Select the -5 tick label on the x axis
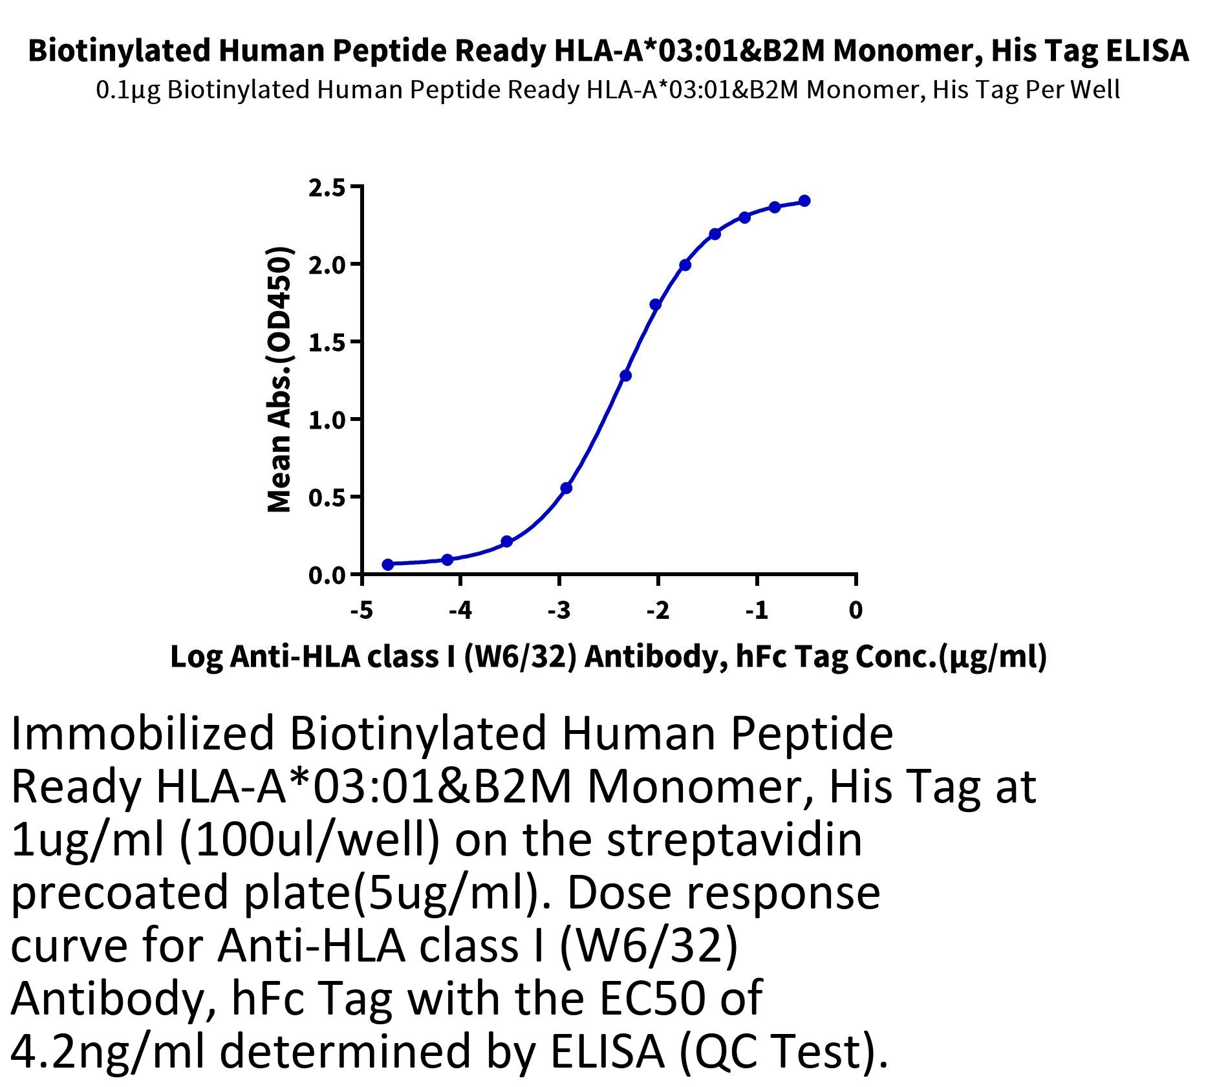[x=361, y=610]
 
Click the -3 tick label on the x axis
[x=559, y=610]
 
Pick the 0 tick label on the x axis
[x=856, y=610]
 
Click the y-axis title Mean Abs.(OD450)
[x=279, y=380]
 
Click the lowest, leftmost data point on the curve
[x=388, y=565]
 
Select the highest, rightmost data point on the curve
[x=804, y=201]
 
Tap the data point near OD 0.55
[x=566, y=488]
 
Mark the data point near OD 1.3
[x=625, y=376]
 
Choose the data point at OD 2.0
[x=685, y=265]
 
